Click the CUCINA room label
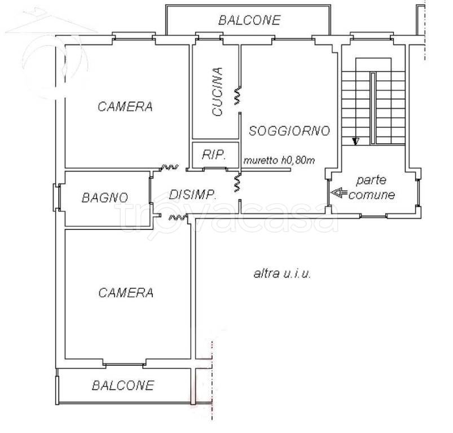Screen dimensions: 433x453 tap(218, 92)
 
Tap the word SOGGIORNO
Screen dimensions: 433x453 tap(289, 131)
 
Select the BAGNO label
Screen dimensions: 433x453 tap(105, 198)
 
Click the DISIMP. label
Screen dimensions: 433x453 tap(193, 195)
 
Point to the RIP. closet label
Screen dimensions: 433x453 tap(214, 155)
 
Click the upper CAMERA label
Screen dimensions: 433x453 tap(125, 107)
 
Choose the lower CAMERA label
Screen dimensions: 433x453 tap(125, 293)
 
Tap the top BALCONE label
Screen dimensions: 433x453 tap(249, 21)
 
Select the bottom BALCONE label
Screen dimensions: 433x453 tap(123, 386)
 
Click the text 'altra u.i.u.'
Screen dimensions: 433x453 tap(283, 274)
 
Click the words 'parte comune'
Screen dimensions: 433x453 tap(371, 188)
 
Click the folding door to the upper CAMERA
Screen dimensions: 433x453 tap(169, 167)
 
